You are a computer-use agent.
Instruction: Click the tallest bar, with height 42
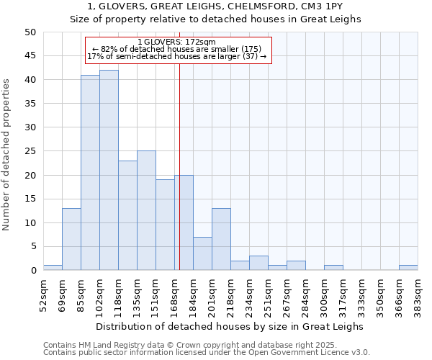point(109,170)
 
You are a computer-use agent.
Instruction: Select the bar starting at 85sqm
point(90,173)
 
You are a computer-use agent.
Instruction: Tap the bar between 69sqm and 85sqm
point(71,239)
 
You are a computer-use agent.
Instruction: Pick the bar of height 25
point(146,210)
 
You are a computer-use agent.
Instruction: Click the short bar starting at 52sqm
point(53,268)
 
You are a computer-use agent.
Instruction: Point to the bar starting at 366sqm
point(408,268)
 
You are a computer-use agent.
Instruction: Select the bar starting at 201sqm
point(221,239)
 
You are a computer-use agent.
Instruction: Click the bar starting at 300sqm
point(333,268)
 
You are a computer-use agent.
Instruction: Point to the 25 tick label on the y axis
point(30,151)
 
